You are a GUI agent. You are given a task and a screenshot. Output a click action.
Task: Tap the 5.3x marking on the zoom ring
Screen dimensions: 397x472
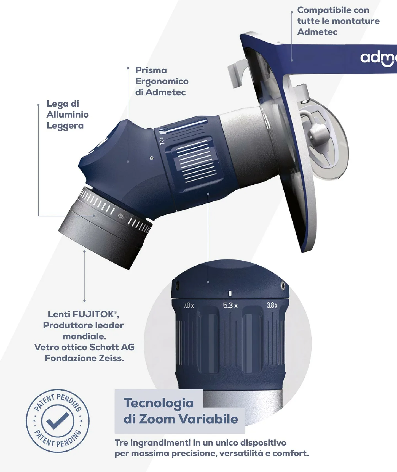pos(230,306)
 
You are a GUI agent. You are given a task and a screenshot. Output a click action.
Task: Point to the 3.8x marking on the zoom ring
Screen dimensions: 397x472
pos(272,305)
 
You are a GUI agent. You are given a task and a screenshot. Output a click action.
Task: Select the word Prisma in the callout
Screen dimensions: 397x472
pos(151,70)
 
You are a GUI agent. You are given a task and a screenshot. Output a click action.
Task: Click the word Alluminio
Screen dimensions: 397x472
pos(68,115)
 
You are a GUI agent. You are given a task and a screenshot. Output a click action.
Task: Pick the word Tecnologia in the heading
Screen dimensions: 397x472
pos(159,403)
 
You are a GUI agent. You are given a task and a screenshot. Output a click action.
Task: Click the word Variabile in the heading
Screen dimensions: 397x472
pos(209,419)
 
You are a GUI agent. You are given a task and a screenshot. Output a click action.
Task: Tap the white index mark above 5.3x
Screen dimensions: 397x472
pos(230,293)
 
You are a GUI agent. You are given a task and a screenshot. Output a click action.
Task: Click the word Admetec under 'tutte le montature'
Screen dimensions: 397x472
pos(317,32)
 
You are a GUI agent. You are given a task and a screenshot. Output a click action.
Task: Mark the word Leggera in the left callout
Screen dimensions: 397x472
pos(65,126)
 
